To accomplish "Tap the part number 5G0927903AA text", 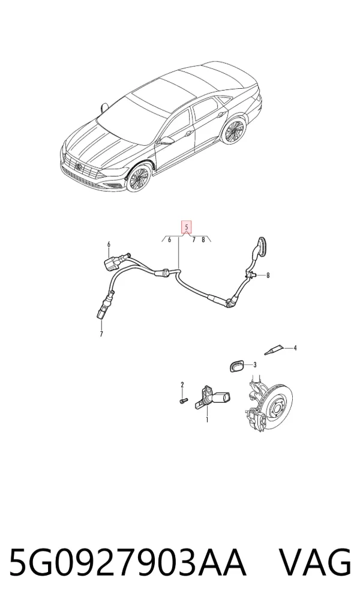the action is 127,562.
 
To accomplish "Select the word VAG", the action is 316,562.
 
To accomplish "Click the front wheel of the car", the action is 139,178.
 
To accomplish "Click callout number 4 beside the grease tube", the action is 295,348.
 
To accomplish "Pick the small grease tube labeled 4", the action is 273,351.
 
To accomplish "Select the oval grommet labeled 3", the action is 236,367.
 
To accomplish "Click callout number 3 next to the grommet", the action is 255,365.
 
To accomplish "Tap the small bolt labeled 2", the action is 183,400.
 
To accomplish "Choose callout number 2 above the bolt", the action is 182,385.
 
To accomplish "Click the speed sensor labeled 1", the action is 212,397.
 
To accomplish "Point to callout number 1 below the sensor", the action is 207,420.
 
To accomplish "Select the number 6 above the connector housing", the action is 109,244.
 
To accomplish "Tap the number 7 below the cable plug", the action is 101,334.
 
